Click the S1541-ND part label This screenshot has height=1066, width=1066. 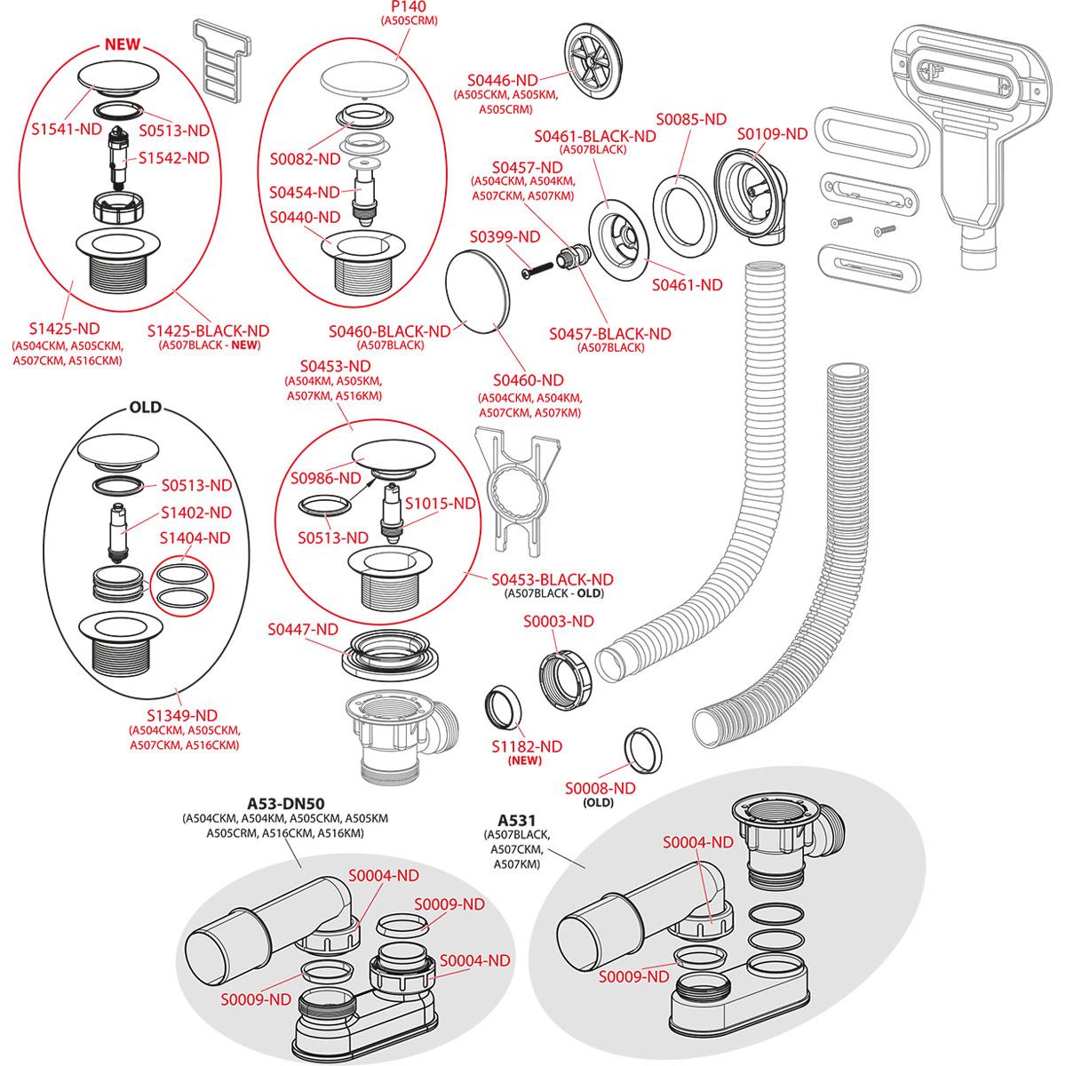click(65, 129)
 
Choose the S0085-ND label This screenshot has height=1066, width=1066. click(692, 118)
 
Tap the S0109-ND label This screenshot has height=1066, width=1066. click(772, 133)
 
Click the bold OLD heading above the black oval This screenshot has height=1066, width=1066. click(146, 408)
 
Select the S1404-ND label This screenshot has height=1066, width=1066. click(195, 537)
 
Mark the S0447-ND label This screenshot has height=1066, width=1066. click(303, 629)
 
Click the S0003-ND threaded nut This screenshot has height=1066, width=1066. click(561, 679)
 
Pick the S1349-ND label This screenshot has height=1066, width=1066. click(183, 715)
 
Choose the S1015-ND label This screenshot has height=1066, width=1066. click(442, 503)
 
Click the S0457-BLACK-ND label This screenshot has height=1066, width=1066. click(610, 333)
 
